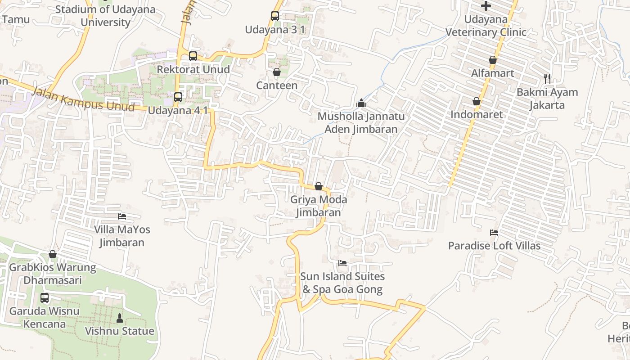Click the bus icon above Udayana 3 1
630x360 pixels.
pos(275,16)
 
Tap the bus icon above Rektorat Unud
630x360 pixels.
pos(193,56)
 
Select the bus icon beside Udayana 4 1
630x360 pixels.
pos(178,97)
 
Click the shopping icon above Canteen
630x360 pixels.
pos(277,72)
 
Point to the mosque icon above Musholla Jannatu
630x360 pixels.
pos(361,103)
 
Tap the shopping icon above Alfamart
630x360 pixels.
pos(493,60)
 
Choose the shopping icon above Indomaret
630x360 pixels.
pos(477,101)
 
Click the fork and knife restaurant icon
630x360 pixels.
pos(547,79)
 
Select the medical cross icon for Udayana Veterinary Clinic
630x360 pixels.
pos(486,6)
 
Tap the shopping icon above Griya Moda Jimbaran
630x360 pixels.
pos(319,186)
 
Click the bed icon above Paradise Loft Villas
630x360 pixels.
pos(494,233)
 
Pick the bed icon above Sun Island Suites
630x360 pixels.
pos(342,263)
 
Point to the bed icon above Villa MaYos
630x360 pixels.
pos(122,216)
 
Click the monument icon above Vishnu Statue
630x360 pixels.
pos(120,318)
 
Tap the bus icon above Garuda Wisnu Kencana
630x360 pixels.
pos(45,297)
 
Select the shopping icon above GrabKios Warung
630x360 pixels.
pos(53,254)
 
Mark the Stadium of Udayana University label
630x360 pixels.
pos(105,16)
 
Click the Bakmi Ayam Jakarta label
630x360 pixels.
pos(547,99)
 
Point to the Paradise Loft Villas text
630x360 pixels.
pos(494,246)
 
